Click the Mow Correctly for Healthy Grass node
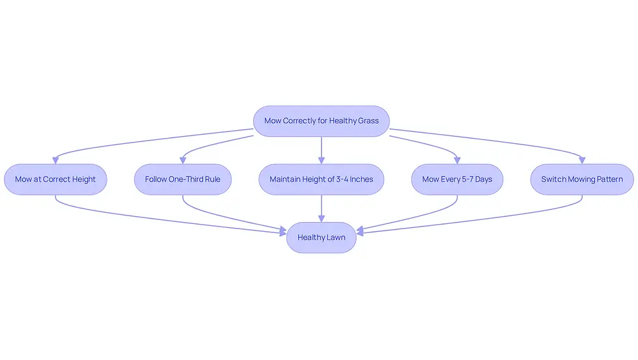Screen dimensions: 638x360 322,121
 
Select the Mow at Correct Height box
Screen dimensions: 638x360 55,180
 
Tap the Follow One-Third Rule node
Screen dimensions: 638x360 183,180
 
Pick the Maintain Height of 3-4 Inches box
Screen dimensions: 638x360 322,180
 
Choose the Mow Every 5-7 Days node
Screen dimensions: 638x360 457,180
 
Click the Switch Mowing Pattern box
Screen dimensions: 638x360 582,180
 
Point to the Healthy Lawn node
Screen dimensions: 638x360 322,238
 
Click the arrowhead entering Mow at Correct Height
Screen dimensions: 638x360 55,161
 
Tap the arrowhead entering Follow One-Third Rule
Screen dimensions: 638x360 183,161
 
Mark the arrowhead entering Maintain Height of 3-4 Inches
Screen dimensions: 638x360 322,161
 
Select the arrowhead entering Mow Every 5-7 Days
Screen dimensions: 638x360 457,161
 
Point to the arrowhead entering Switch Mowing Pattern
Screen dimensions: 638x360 582,161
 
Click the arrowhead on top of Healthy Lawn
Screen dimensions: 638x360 322,219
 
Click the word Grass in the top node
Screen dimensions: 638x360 368,121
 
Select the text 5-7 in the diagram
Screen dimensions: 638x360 467,180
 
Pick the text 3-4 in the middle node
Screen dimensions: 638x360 342,180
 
